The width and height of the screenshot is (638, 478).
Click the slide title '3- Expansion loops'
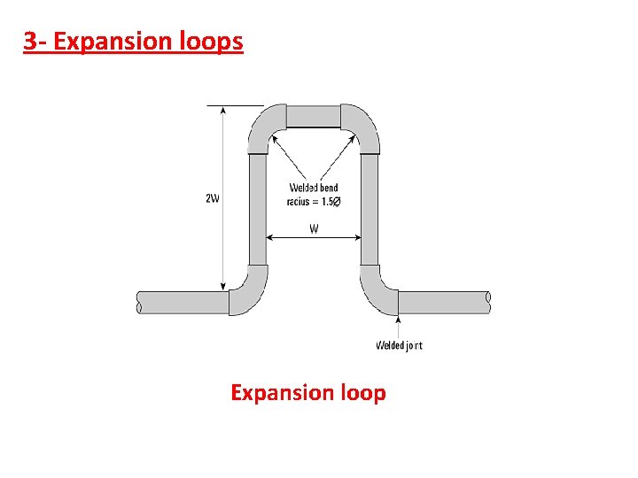[133, 41]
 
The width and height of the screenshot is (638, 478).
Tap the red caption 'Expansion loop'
[307, 392]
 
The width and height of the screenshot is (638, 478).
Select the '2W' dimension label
[213, 198]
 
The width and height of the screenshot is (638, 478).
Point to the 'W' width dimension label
[314, 227]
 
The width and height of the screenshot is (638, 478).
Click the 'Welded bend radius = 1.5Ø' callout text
[314, 195]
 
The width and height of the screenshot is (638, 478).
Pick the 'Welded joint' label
[399, 345]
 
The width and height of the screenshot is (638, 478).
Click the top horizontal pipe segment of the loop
[314, 116]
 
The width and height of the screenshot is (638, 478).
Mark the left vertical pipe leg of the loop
[258, 208]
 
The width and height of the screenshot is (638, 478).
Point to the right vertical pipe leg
[370, 208]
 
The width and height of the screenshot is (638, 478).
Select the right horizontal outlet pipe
[443, 302]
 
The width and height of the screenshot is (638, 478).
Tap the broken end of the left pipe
[139, 302]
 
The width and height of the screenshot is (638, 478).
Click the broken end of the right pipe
[488, 302]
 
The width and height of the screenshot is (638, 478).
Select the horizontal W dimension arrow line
[314, 237]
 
